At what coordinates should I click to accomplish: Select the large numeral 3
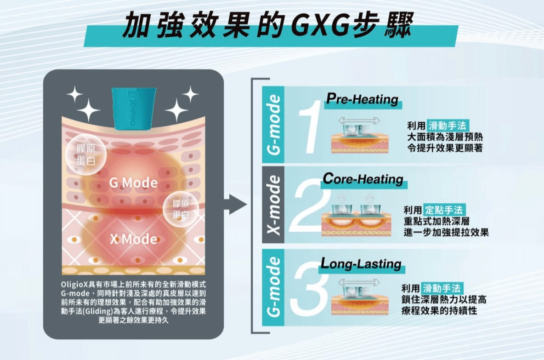point(309,290)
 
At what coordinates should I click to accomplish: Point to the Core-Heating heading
point(363,179)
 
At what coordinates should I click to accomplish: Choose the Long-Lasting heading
point(361,264)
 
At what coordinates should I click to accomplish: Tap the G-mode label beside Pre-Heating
point(273,125)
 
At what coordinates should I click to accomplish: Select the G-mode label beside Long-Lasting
point(273,287)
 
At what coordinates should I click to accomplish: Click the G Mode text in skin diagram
point(133,183)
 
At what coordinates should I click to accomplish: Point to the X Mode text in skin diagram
point(133,239)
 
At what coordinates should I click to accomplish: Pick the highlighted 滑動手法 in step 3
point(441,289)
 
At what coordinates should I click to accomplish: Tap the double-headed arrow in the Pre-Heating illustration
point(359,120)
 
